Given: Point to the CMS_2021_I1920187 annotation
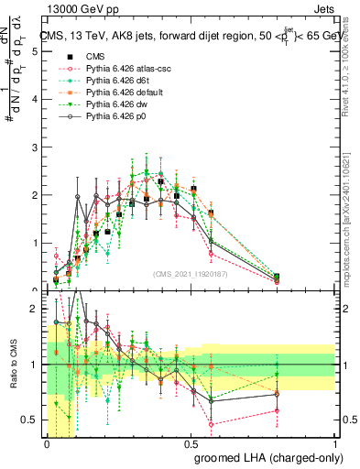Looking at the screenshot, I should [191, 273].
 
